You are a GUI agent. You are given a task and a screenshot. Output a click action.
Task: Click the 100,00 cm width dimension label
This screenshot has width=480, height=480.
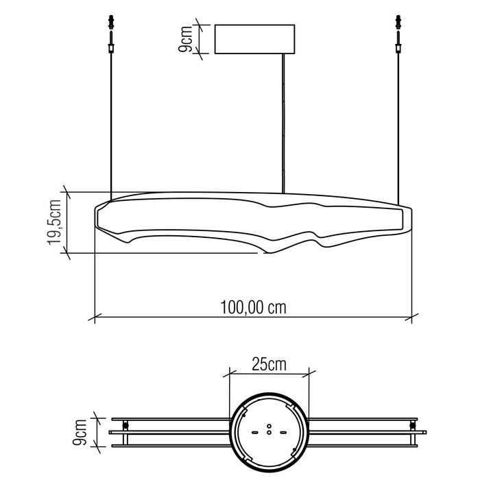(252, 307)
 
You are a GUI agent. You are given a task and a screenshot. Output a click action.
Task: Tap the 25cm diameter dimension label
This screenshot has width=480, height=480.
(268, 364)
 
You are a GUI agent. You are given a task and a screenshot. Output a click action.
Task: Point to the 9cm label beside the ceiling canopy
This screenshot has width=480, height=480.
(185, 39)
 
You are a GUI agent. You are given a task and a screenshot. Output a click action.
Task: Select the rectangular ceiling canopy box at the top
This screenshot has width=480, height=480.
(254, 40)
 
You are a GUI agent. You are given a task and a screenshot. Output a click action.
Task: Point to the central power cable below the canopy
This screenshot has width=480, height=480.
(283, 123)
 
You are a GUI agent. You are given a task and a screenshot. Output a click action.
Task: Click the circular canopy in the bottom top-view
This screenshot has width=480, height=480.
(268, 431)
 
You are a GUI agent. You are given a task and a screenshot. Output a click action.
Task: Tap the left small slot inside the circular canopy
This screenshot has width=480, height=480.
(255, 433)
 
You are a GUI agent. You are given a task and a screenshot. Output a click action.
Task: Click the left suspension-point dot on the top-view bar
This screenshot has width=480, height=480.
(125, 426)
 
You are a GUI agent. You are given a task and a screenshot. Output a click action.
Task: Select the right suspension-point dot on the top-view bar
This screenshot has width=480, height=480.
(411, 426)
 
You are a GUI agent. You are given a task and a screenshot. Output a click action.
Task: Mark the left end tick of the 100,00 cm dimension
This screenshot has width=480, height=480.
(94, 317)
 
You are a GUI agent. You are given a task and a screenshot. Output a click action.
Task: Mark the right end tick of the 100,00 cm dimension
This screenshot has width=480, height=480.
(411, 317)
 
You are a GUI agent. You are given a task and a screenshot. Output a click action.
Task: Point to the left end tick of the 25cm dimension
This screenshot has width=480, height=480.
(228, 374)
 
